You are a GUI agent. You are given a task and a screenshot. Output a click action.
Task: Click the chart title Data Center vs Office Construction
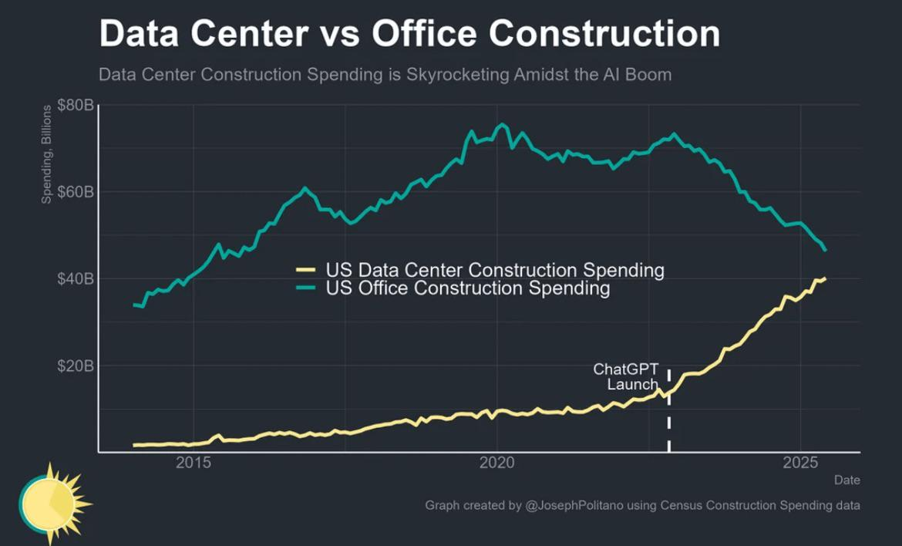pyautogui.click(x=409, y=34)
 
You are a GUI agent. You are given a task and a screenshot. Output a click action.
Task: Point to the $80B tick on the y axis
pyautogui.click(x=76, y=104)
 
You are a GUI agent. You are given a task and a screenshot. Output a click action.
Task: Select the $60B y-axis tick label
pyautogui.click(x=76, y=191)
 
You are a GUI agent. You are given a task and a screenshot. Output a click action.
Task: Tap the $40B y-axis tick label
pyautogui.click(x=76, y=278)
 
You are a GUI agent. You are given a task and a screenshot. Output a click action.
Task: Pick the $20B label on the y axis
pyautogui.click(x=76, y=366)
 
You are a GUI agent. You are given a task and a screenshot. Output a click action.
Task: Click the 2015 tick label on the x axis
pyautogui.click(x=193, y=463)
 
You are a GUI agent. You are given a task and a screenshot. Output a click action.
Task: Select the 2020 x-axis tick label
pyautogui.click(x=496, y=463)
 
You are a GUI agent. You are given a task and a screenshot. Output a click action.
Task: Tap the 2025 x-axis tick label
pyautogui.click(x=800, y=463)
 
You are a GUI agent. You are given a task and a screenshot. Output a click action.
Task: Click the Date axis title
pyautogui.click(x=846, y=480)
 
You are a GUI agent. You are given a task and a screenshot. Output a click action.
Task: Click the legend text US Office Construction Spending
pyautogui.click(x=468, y=288)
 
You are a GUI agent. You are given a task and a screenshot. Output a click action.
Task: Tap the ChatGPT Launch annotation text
pyautogui.click(x=626, y=376)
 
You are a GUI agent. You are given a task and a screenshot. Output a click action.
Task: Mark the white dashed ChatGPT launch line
pyautogui.click(x=668, y=416)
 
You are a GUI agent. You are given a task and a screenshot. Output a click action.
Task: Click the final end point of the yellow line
pyautogui.click(x=825, y=278)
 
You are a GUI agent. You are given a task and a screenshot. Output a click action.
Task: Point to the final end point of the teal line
pyautogui.click(x=826, y=250)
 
